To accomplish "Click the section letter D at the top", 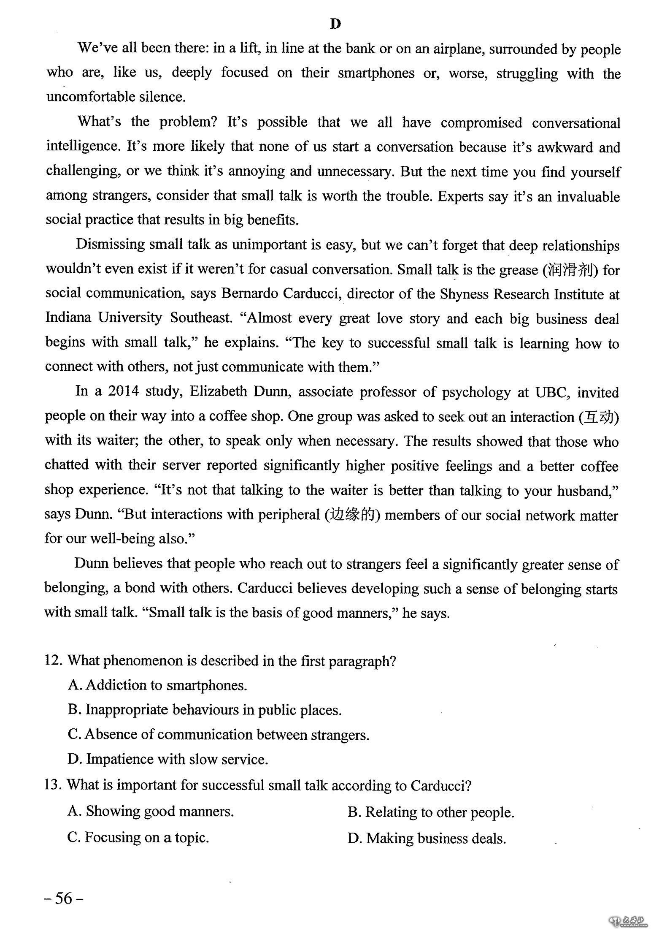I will (335, 24).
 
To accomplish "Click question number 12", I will (53, 661).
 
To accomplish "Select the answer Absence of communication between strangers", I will (219, 735).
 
